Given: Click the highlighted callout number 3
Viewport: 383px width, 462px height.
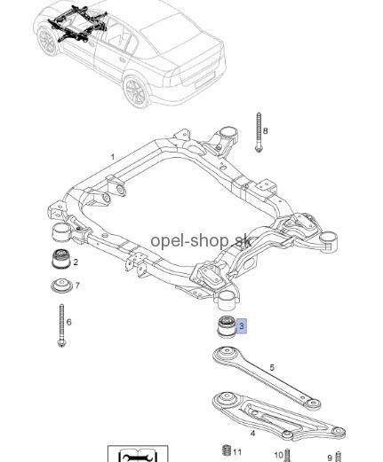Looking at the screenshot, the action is tap(242, 326).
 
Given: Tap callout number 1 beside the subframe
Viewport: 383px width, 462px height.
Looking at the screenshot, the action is tap(113, 157).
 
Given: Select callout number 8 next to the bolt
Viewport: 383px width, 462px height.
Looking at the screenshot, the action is tap(265, 130).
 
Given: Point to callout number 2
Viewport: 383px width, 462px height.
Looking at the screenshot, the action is tap(76, 262).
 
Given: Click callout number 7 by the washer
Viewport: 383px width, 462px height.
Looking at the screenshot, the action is tap(77, 286).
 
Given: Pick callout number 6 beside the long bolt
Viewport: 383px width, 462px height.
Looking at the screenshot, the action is tap(69, 322).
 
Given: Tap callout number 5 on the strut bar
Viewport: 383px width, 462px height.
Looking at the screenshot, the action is tap(272, 368).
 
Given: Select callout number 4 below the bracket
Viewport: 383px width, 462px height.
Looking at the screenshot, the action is tap(252, 434).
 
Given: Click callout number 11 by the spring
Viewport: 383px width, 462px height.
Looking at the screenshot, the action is tap(237, 452).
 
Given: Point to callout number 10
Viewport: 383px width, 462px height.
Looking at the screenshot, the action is tap(279, 455).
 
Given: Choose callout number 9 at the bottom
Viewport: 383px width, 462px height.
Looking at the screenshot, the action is tap(330, 458).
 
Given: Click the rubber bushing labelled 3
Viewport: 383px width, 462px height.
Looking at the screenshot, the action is tap(227, 327).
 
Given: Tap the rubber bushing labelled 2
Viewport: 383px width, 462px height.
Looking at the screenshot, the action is tap(61, 259).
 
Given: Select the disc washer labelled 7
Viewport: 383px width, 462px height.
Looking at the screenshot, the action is tap(61, 286).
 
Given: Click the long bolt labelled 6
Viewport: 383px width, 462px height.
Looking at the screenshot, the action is tap(61, 325).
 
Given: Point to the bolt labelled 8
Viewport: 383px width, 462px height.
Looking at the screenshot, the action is tap(259, 132).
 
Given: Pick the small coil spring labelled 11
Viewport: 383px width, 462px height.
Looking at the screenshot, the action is tap(227, 450).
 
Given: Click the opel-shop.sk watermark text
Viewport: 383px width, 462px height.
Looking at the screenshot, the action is tap(201, 241).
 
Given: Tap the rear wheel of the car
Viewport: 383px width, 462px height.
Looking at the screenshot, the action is tap(137, 90).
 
